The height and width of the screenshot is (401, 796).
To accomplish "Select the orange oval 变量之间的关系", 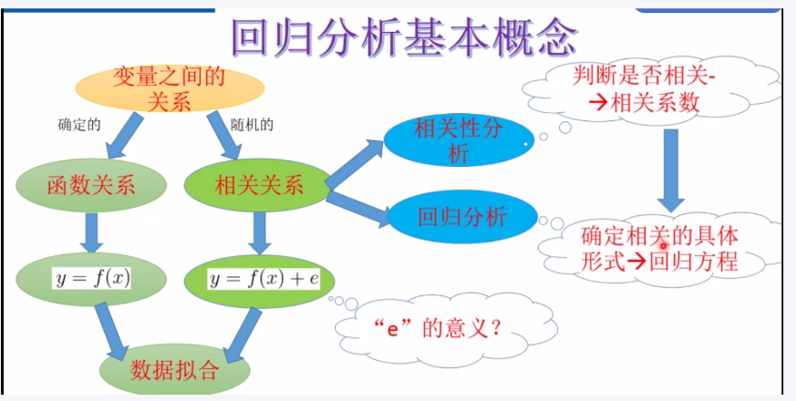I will tap(170, 88).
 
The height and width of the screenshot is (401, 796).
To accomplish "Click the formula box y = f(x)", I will tap(91, 276).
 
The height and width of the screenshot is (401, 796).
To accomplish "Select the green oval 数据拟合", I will tap(175, 370).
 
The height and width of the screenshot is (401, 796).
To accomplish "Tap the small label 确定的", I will tap(78, 126).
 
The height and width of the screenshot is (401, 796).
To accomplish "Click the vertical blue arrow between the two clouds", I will tap(673, 169).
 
